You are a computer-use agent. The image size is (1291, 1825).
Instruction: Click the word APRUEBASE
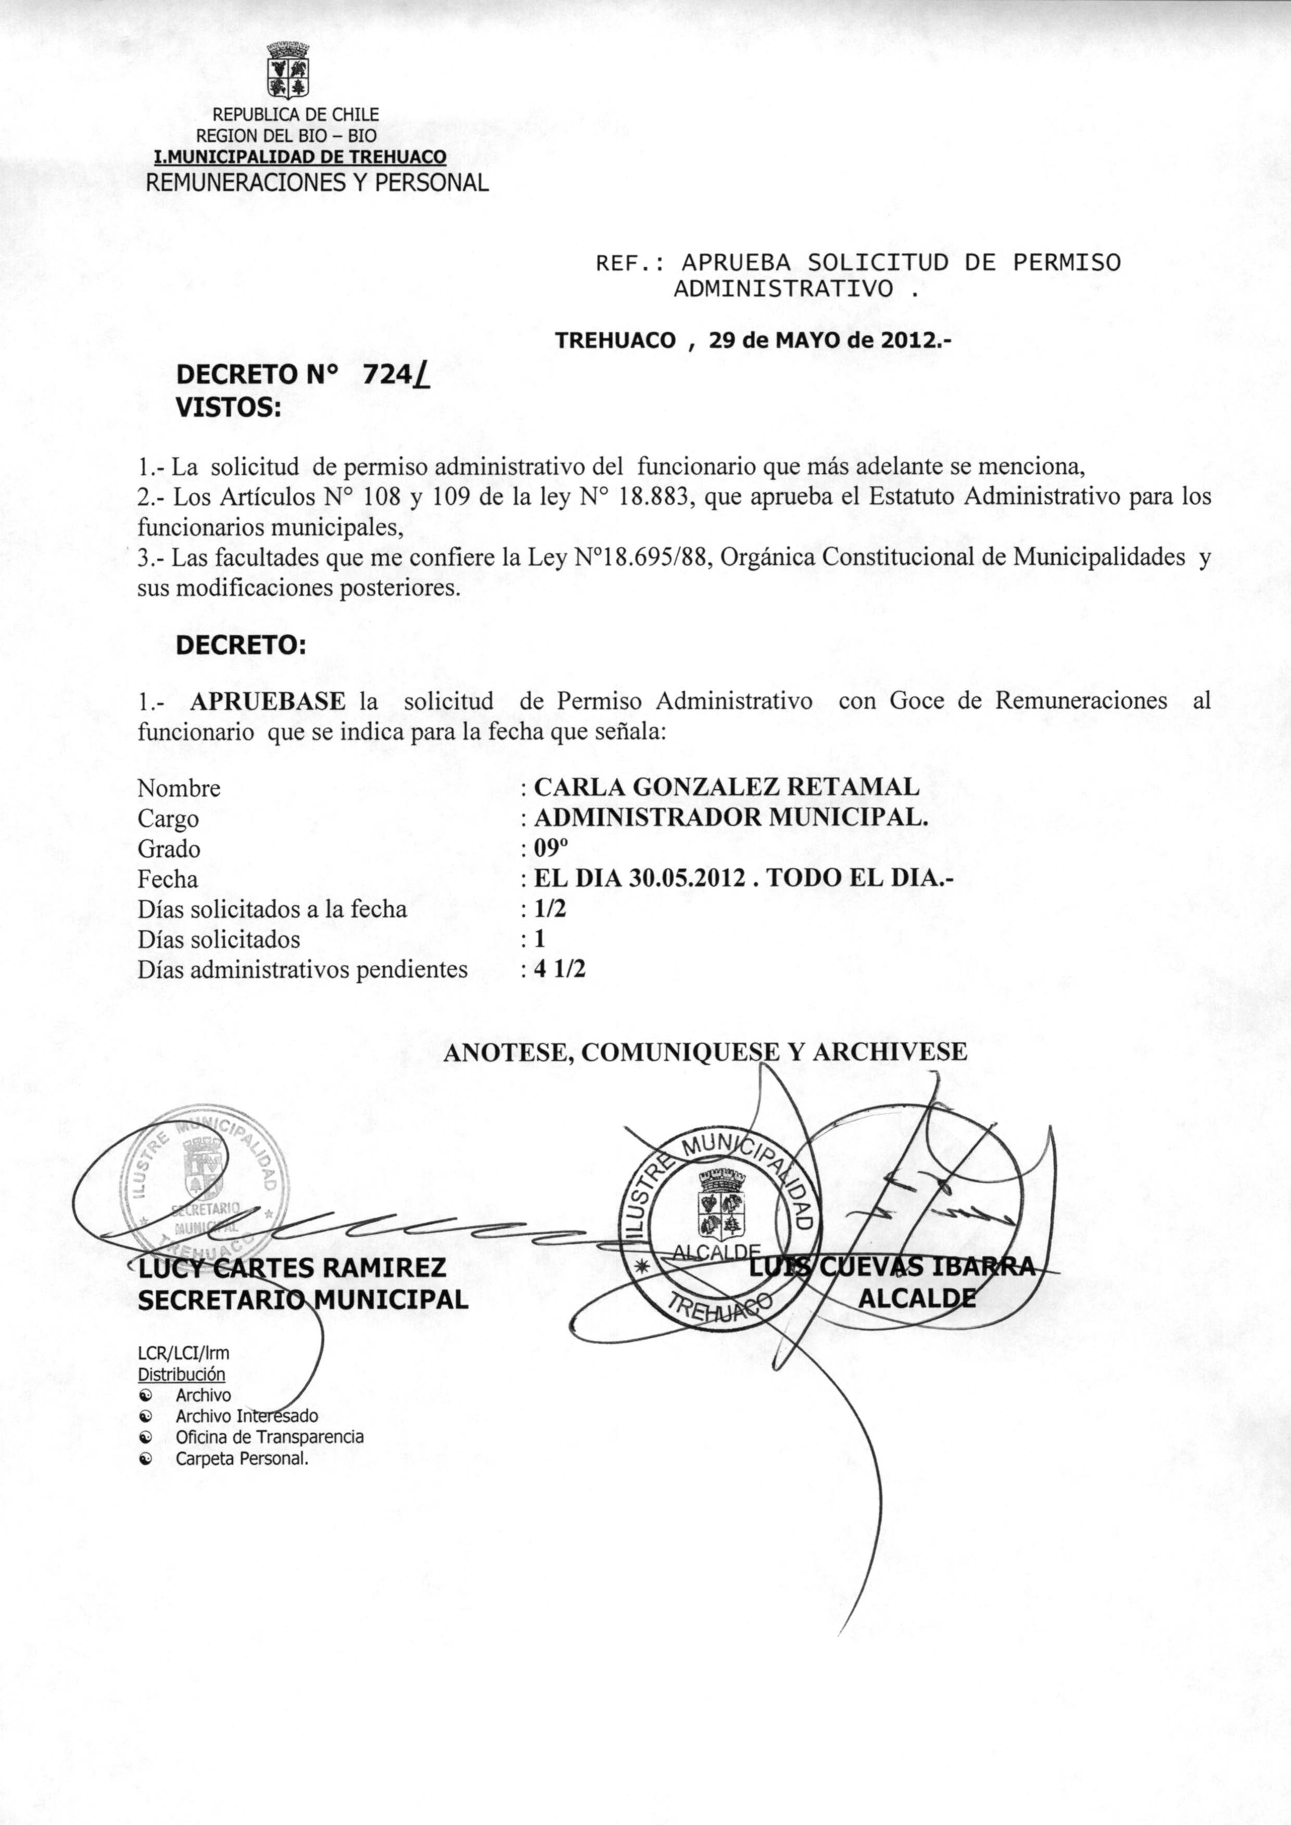268,701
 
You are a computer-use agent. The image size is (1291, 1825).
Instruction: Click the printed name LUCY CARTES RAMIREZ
292,1268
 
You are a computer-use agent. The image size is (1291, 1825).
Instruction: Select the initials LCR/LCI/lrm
184,1353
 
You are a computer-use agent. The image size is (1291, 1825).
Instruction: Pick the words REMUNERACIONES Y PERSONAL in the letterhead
317,183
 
